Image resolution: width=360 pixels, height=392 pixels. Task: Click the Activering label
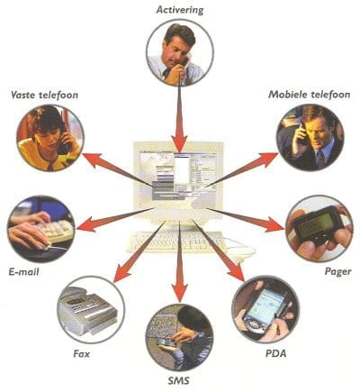pyautogui.click(x=180, y=10)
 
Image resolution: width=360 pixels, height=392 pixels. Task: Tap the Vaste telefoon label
pyautogui.click(x=44, y=96)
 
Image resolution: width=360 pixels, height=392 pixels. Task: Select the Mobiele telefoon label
pyautogui.click(x=310, y=95)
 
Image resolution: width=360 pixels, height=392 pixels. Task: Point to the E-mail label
pyautogui.click(x=24, y=272)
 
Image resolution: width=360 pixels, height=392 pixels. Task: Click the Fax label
pyautogui.click(x=82, y=353)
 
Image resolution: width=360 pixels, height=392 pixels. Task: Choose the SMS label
pyautogui.click(x=179, y=381)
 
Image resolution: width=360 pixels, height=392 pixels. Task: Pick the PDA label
pyautogui.click(x=276, y=353)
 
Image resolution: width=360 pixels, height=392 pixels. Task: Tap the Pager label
pyautogui.click(x=338, y=272)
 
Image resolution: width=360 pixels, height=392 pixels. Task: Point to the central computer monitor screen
pyautogui.click(x=179, y=175)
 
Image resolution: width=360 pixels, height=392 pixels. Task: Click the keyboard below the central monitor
pyautogui.click(x=177, y=242)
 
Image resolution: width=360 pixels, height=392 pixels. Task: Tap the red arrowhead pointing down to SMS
pyautogui.click(x=179, y=293)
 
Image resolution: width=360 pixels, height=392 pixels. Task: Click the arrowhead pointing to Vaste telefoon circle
pyautogui.click(x=93, y=160)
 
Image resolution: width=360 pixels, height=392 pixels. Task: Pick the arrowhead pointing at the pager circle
pyautogui.click(x=274, y=224)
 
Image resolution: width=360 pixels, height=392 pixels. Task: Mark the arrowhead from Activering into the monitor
pyautogui.click(x=179, y=143)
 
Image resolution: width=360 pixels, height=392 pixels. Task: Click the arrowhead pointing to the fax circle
pyautogui.click(x=122, y=273)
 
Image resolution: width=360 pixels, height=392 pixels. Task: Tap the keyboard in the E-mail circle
pyautogui.click(x=58, y=232)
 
